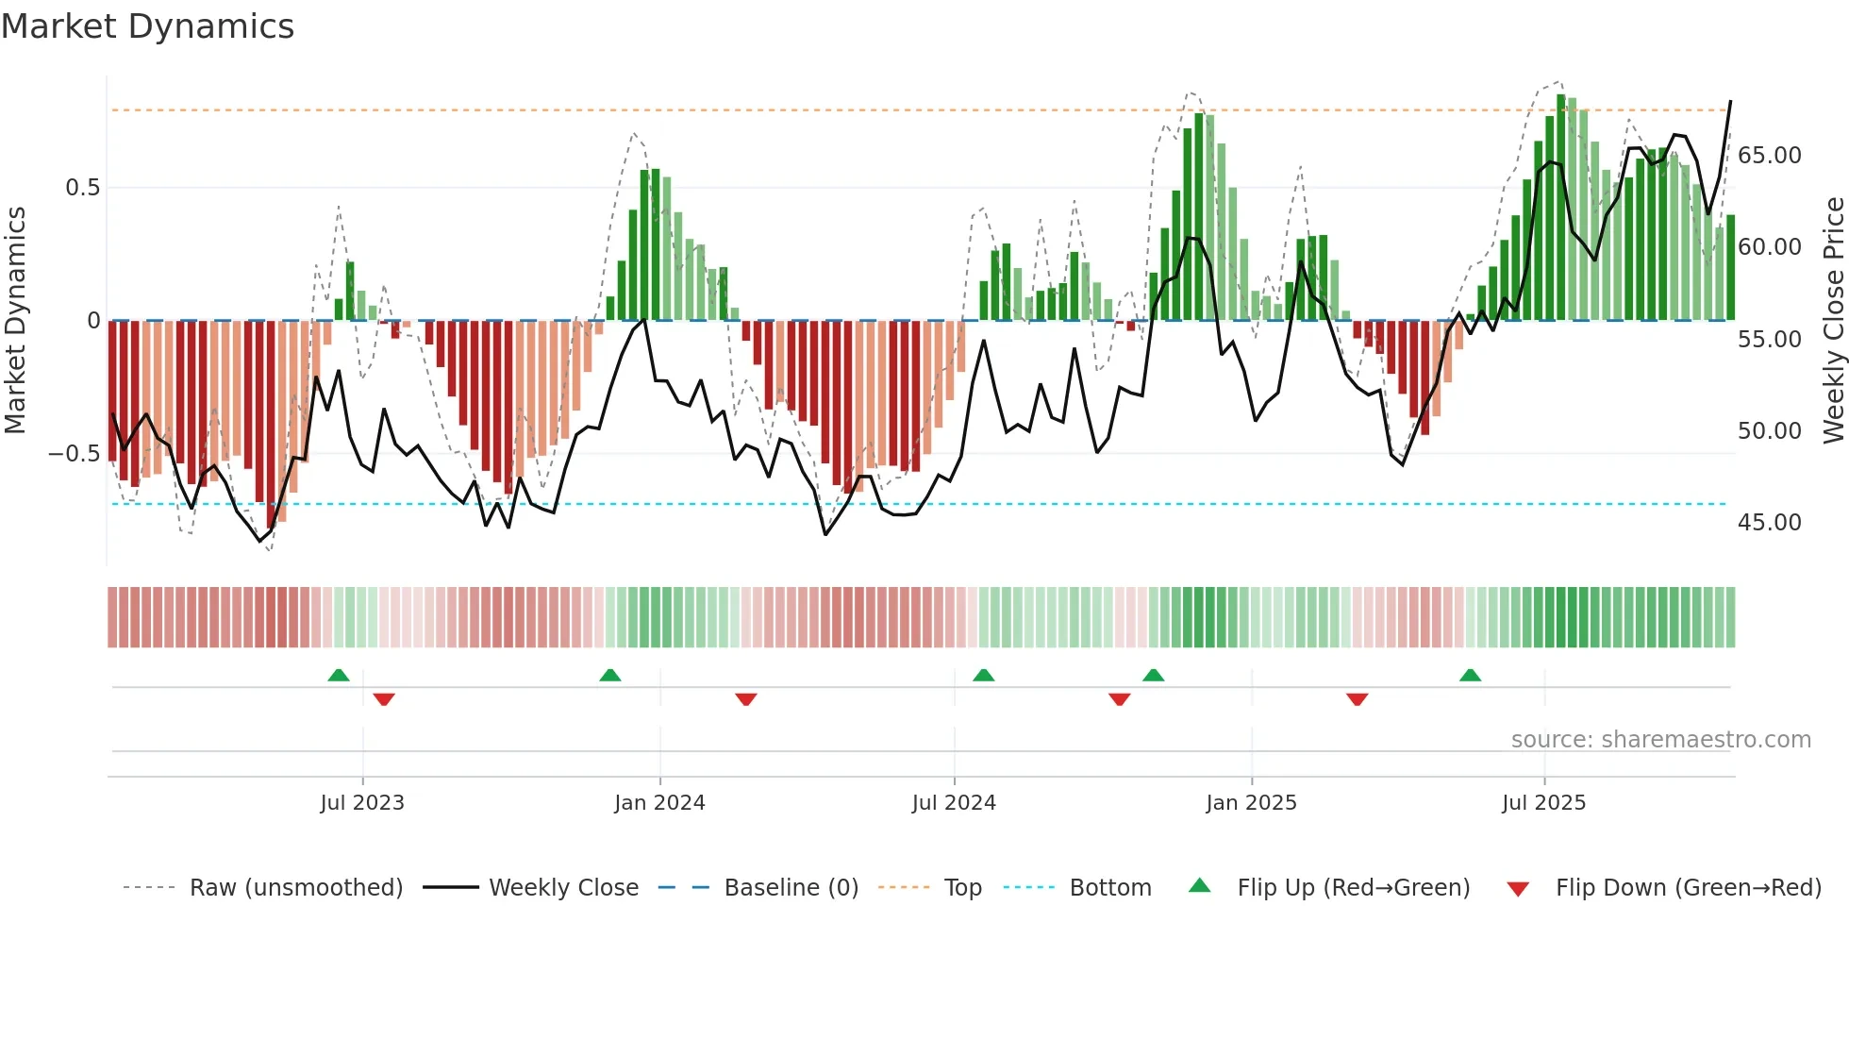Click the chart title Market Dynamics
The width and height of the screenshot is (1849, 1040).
(147, 26)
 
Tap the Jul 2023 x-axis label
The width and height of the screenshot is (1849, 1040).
(362, 803)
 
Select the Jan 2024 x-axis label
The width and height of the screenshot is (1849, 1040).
(659, 803)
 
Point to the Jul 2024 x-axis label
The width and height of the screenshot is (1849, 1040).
(954, 803)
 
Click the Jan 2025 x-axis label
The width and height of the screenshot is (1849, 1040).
(1251, 803)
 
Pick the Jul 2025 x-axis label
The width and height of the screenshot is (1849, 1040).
(1544, 803)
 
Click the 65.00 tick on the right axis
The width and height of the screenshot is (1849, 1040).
(1769, 156)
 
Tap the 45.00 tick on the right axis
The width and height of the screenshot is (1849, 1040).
(1769, 523)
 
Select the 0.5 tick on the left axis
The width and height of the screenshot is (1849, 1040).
(82, 188)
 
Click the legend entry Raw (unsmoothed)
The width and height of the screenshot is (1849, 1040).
(295, 888)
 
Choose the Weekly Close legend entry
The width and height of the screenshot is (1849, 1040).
(563, 888)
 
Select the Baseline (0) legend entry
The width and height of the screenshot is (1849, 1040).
(791, 888)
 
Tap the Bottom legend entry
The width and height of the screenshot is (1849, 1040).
(1109, 888)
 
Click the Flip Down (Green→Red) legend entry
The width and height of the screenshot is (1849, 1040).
(1688, 888)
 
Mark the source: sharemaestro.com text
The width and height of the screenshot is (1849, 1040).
(1660, 740)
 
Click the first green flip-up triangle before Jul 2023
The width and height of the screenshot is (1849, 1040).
(339, 675)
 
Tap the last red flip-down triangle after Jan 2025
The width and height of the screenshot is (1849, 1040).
(1357, 699)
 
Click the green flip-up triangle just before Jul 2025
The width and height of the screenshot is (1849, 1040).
(1470, 675)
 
